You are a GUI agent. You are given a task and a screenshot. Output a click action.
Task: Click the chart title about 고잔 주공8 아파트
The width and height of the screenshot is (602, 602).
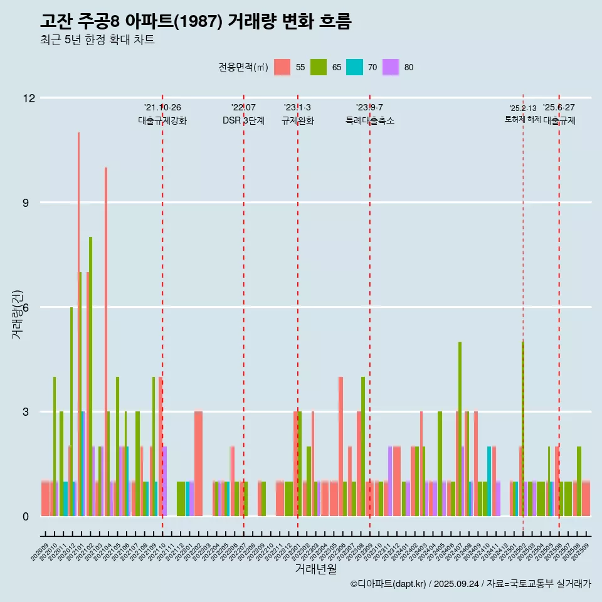[195, 22]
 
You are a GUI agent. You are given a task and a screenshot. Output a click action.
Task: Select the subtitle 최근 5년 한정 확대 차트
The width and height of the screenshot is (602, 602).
[97, 40]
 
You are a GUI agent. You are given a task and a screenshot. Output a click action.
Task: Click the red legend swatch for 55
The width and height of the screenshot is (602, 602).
[282, 67]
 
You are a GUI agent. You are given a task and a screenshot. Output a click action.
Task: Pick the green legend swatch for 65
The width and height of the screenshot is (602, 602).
[319, 67]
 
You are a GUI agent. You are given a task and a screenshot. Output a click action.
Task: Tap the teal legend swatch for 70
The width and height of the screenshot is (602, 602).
[354, 67]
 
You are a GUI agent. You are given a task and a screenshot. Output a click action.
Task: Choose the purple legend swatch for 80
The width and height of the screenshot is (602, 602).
[391, 67]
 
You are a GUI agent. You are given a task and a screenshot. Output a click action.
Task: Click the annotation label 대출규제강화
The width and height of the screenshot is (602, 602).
[162, 120]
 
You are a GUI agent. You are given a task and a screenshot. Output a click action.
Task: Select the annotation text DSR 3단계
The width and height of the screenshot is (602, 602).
[243, 120]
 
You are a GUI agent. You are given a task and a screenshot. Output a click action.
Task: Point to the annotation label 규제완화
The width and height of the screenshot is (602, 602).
[297, 120]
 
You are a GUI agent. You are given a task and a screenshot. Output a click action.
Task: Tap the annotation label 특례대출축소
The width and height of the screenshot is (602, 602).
[369, 120]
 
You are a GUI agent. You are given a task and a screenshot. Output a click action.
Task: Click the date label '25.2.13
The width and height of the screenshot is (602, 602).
[522, 108]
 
